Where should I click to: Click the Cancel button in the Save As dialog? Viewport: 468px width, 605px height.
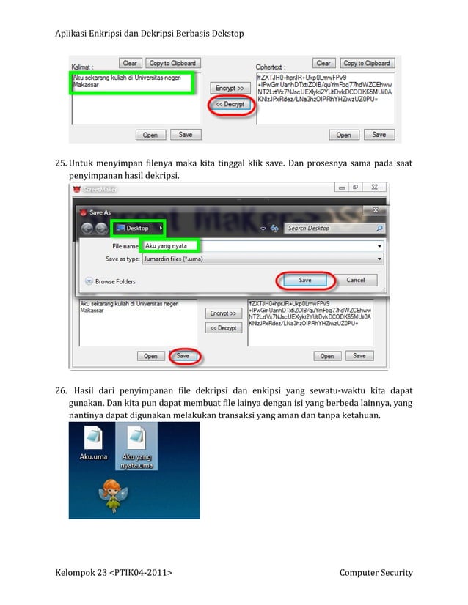pyautogui.click(x=355, y=280)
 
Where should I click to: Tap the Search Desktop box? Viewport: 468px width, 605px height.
pyautogui.click(x=334, y=229)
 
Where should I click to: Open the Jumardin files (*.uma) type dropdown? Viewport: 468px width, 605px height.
pyautogui.click(x=263, y=259)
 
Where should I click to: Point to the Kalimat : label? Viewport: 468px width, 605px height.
pyautogui.click(x=81, y=64)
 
